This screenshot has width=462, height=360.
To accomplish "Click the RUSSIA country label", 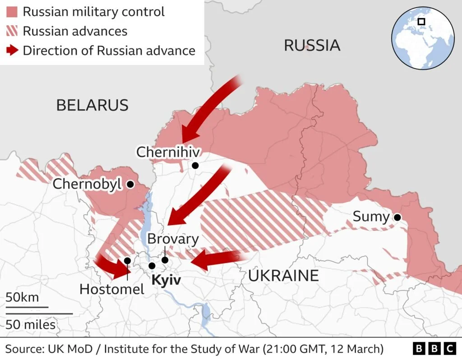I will [x=312, y=46].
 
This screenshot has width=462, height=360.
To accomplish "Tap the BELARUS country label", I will [x=92, y=105].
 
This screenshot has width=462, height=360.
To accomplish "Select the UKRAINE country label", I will [x=283, y=275].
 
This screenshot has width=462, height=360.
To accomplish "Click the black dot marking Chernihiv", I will [x=195, y=166].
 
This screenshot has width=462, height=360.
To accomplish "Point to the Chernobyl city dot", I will [x=130, y=184].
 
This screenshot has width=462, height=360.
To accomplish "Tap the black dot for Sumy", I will [x=397, y=217].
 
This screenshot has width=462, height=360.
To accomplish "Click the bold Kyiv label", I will [x=166, y=280].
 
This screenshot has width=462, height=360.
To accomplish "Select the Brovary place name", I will [x=173, y=239].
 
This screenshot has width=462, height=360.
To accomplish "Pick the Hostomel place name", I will [x=112, y=289].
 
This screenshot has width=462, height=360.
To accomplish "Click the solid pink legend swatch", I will [x=11, y=12].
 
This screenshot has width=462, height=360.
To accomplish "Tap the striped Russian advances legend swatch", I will [x=11, y=31].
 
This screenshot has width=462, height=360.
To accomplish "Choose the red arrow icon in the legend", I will [x=11, y=51].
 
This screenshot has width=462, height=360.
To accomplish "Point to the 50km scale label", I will [x=22, y=298].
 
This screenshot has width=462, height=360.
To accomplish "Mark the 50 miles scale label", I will [x=31, y=324].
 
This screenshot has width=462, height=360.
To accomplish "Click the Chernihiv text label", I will [x=168, y=152].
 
